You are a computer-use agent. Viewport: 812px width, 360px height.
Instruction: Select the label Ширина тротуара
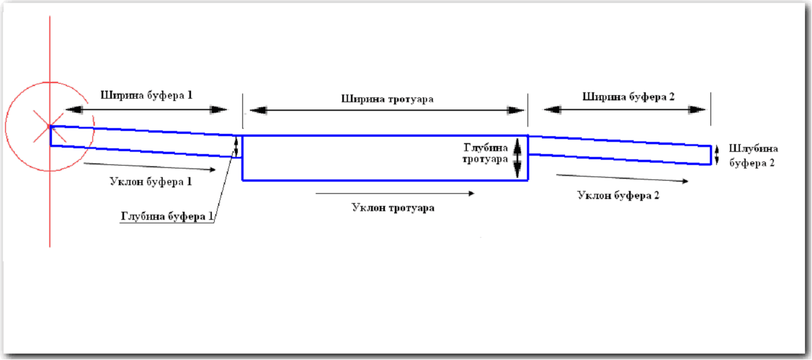click(x=387, y=99)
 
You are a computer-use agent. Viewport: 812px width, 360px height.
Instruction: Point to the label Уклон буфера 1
click(x=151, y=182)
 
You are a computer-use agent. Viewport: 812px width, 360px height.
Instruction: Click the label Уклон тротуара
click(x=393, y=208)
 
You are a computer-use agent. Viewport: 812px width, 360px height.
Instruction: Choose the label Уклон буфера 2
click(x=618, y=195)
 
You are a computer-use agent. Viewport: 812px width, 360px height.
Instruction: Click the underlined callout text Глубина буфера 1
click(x=167, y=217)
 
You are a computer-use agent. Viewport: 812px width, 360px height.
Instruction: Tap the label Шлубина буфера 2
click(x=751, y=155)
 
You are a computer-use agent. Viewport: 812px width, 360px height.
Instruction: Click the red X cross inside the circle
click(x=50, y=127)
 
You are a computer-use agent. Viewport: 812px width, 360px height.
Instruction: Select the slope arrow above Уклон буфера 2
click(x=622, y=178)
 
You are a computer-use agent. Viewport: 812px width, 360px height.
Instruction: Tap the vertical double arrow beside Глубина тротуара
click(x=518, y=157)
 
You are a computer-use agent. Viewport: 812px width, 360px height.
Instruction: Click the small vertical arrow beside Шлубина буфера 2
click(x=717, y=154)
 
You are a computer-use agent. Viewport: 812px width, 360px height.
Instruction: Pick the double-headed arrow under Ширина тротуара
click(x=386, y=110)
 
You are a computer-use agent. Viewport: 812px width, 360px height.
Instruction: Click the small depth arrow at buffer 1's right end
click(x=235, y=146)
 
